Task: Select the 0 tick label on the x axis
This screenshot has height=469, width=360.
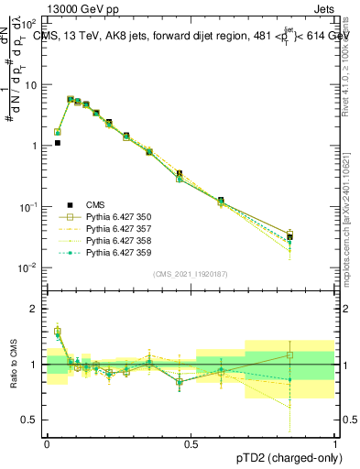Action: (x=46, y=442)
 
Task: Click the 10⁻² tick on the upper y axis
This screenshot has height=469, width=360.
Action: (x=30, y=267)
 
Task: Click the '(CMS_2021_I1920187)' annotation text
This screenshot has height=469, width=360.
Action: (x=190, y=273)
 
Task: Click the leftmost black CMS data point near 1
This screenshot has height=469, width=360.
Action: (x=57, y=143)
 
